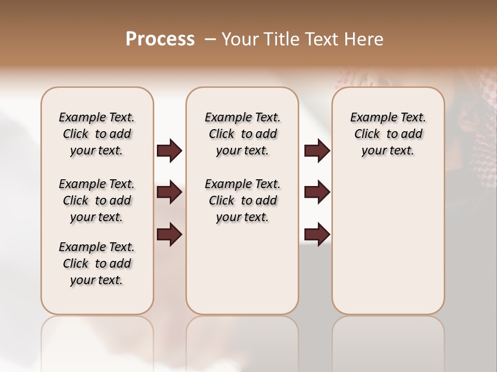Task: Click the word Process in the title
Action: tap(160, 39)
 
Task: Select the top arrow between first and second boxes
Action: tap(169, 151)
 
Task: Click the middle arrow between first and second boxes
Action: tap(169, 192)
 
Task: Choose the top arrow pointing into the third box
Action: tap(317, 151)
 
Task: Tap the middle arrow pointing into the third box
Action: tap(317, 192)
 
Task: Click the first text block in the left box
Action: tap(97, 134)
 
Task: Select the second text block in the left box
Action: tap(97, 200)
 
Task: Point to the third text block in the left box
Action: tap(97, 263)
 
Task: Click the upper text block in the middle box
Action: tap(242, 134)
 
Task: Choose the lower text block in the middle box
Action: tap(242, 200)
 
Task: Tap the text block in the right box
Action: tap(388, 134)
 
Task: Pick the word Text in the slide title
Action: tap(323, 39)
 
